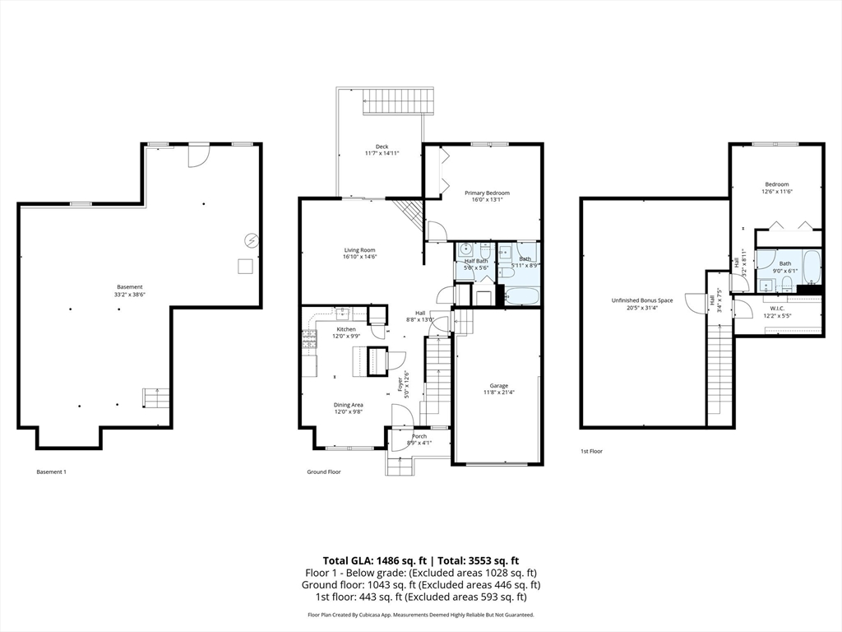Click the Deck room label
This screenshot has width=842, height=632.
click(x=382, y=146)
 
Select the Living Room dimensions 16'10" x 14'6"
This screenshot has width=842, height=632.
click(x=360, y=257)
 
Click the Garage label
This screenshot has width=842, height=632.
click(x=498, y=386)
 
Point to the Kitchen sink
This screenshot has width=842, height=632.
click(x=343, y=312)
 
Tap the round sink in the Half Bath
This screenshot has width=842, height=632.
click(x=465, y=249)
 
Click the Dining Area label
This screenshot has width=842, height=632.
click(x=348, y=405)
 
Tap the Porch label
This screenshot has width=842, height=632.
click(x=419, y=437)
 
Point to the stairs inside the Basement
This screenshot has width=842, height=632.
click(x=156, y=398)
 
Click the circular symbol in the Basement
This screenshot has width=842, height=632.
click(x=252, y=241)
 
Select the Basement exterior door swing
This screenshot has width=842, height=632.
click(x=199, y=156)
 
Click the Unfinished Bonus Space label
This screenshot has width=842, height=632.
click(x=642, y=300)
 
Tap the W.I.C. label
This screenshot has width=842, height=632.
click(x=777, y=309)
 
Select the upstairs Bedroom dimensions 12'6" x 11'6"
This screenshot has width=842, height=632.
click(x=776, y=191)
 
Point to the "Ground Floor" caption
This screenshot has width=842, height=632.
click(x=324, y=472)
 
